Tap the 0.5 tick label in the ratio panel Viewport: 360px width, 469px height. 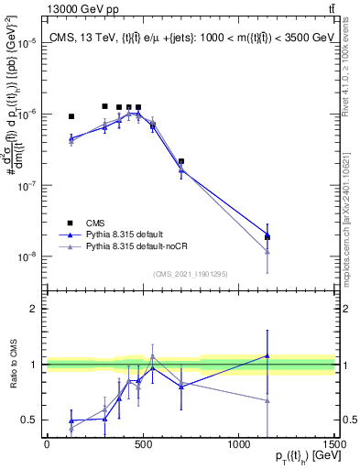[30, 420]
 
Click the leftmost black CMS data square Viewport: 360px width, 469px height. [71, 116]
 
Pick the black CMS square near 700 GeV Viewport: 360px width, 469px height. [181, 161]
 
